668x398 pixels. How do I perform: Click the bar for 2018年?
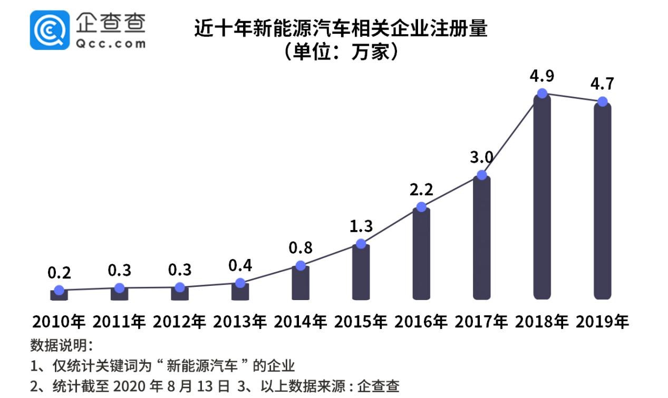tap(542, 200)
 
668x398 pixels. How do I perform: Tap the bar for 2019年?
tap(602, 203)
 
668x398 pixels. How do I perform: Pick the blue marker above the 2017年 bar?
tap(481, 175)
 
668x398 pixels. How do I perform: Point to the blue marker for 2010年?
tap(59, 290)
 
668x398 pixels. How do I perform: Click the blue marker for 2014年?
tap(301, 265)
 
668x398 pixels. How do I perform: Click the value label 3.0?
tap(481, 157)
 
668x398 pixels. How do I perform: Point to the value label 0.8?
tap(301, 247)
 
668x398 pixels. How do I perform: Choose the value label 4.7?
tap(602, 84)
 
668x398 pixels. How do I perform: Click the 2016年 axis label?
tap(421, 322)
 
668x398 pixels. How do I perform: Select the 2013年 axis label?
tap(240, 322)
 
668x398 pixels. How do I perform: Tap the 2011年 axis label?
tap(119, 322)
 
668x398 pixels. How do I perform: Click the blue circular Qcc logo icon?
tap(50, 30)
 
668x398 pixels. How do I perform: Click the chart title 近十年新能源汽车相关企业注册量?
tap(340, 28)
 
